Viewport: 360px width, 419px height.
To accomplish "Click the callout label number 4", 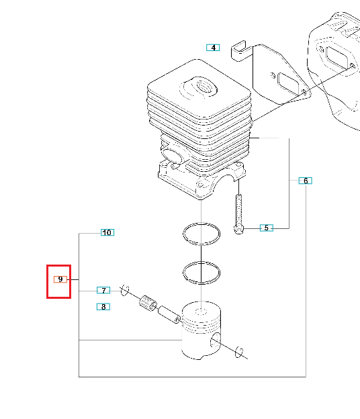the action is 213,48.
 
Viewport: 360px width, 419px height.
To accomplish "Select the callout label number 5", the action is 267,228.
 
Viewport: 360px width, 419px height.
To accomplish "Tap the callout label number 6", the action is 305,181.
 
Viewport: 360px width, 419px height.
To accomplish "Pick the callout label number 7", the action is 103,290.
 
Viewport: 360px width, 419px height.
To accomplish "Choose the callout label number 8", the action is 103,307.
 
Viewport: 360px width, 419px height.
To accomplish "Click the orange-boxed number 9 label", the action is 60,279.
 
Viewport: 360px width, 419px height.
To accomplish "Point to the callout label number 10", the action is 107,232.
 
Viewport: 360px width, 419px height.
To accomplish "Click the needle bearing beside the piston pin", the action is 148,304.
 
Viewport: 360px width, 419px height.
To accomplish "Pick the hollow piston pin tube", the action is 169,314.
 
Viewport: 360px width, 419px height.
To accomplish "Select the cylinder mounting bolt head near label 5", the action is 238,230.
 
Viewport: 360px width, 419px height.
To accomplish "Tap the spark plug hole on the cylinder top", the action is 206,87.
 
